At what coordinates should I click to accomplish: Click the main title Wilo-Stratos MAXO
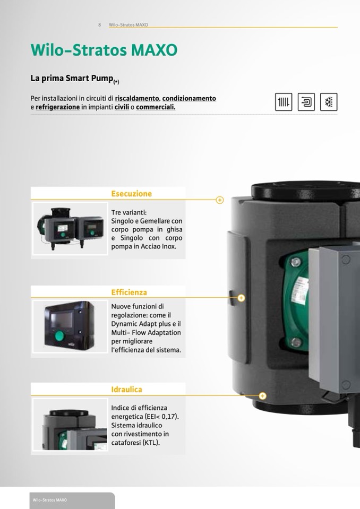(104, 50)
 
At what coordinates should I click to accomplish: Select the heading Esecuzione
(132, 194)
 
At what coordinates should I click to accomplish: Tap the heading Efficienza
(129, 292)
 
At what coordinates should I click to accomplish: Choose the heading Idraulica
(126, 390)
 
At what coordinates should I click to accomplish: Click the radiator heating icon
(284, 102)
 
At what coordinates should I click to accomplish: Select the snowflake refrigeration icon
(329, 102)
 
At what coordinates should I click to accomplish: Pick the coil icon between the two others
(306, 102)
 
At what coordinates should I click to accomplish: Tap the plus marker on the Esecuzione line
(220, 200)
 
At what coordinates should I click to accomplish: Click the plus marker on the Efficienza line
(241, 298)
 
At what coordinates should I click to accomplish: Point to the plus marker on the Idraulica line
(263, 396)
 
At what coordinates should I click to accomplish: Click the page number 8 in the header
(99, 24)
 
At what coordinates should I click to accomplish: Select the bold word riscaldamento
(137, 98)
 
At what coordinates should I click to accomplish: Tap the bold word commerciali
(156, 107)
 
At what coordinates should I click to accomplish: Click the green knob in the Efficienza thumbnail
(59, 335)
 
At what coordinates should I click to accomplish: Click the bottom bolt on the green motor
(296, 342)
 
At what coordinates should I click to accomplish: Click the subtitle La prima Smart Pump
(75, 79)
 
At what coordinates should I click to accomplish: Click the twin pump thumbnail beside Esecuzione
(70, 229)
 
